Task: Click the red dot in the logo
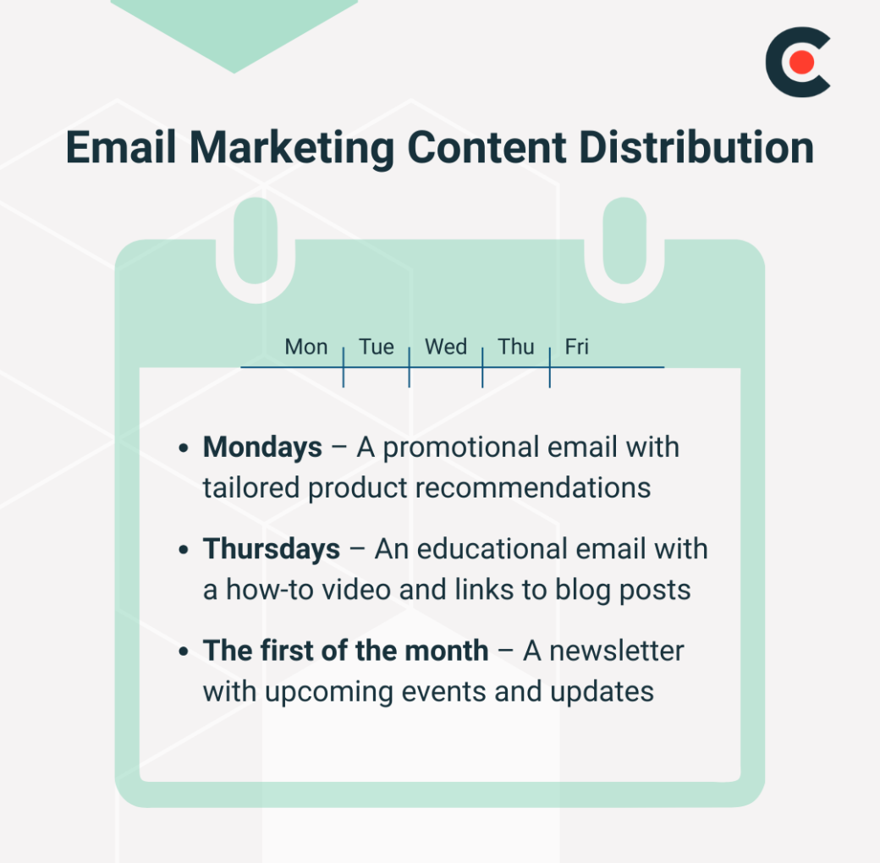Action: [802, 63]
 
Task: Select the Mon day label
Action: [306, 347]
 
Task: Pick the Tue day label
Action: [377, 347]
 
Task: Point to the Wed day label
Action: [446, 347]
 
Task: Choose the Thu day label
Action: [516, 347]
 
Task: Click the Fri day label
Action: [577, 347]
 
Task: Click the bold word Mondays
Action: [262, 447]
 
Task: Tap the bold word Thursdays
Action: [272, 549]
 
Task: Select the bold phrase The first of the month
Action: [345, 651]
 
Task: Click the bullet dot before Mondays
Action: [184, 448]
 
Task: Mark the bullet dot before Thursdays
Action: [184, 551]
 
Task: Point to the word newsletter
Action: [603, 651]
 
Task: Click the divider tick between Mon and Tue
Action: [344, 367]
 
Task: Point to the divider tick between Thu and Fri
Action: [550, 367]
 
